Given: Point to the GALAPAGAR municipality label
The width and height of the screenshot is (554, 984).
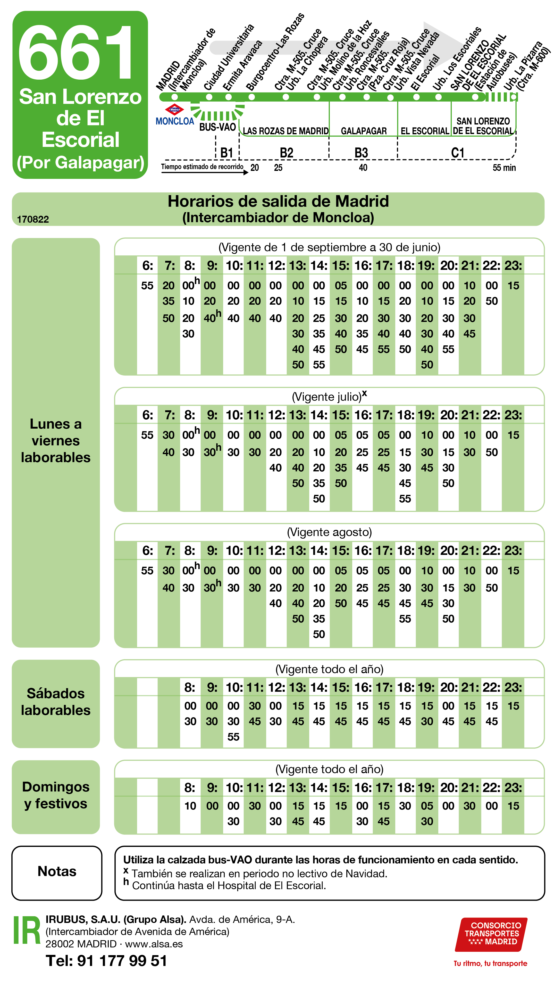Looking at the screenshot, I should (x=364, y=131).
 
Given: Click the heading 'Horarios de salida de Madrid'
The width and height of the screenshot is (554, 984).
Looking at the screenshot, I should (x=278, y=201).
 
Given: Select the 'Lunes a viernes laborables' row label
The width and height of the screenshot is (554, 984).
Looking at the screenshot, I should (x=56, y=440).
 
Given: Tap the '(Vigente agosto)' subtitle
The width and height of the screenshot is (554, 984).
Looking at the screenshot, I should (x=329, y=532).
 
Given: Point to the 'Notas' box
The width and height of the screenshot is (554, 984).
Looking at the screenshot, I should (x=57, y=871).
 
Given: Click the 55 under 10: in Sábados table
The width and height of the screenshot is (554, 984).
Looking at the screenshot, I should (x=233, y=737).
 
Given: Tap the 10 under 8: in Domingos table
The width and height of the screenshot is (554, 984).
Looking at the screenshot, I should (x=190, y=806).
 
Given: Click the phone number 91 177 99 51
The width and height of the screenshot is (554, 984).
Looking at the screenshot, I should (x=122, y=960).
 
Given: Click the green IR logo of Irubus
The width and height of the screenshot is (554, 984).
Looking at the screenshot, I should (x=27, y=930).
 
